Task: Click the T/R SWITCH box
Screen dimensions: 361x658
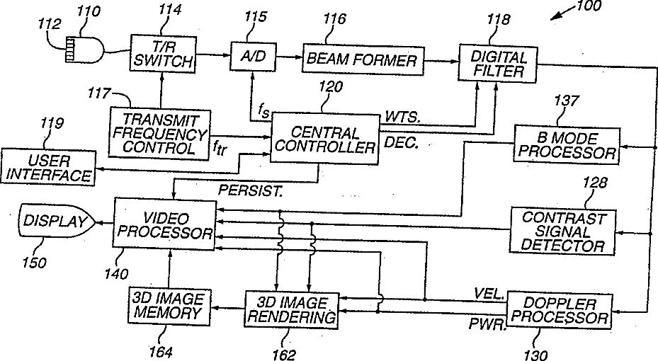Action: coord(162,52)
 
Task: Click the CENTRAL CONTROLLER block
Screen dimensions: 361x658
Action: coord(324,139)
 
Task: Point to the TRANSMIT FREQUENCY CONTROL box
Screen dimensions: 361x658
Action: coord(159,132)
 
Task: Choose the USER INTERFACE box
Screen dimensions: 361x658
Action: coord(47,166)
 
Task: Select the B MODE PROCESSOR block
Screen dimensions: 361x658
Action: coord(566,144)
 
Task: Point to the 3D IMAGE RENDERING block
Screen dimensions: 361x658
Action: coord(290,308)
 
